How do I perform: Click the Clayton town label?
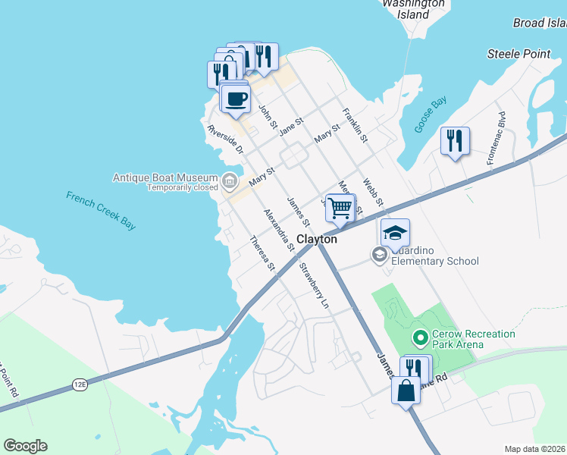316,239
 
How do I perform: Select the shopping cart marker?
341,207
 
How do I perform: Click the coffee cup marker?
236,99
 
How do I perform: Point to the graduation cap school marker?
395,233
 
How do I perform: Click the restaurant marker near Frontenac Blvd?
455,140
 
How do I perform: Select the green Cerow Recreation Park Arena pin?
418,336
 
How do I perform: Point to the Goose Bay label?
430,115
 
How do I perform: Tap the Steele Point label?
518,54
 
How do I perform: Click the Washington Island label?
413,8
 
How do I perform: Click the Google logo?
25,446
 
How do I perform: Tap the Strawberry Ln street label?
315,285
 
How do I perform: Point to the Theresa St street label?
262,253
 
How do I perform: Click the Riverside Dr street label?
226,140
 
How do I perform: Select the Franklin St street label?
355,125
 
